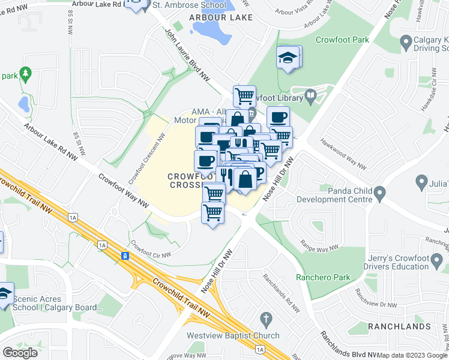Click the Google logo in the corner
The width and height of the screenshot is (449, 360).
point(20,353)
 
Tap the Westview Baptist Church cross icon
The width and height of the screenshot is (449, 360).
point(265,318)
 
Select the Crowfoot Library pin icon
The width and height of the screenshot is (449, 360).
point(310,95)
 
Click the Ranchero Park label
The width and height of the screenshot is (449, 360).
point(322,277)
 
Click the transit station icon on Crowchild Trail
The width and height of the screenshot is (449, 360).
point(125,256)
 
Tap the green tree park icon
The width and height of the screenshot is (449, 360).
point(25,74)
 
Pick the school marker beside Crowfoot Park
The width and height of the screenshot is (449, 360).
point(288,58)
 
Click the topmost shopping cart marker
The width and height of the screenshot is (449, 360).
point(244,96)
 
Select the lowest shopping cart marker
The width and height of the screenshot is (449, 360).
point(212,213)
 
